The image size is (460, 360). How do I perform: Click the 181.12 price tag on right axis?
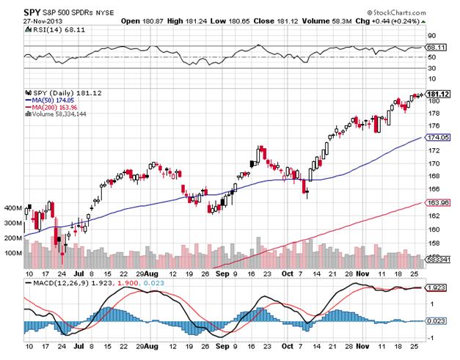pyautogui.click(x=437, y=94)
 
